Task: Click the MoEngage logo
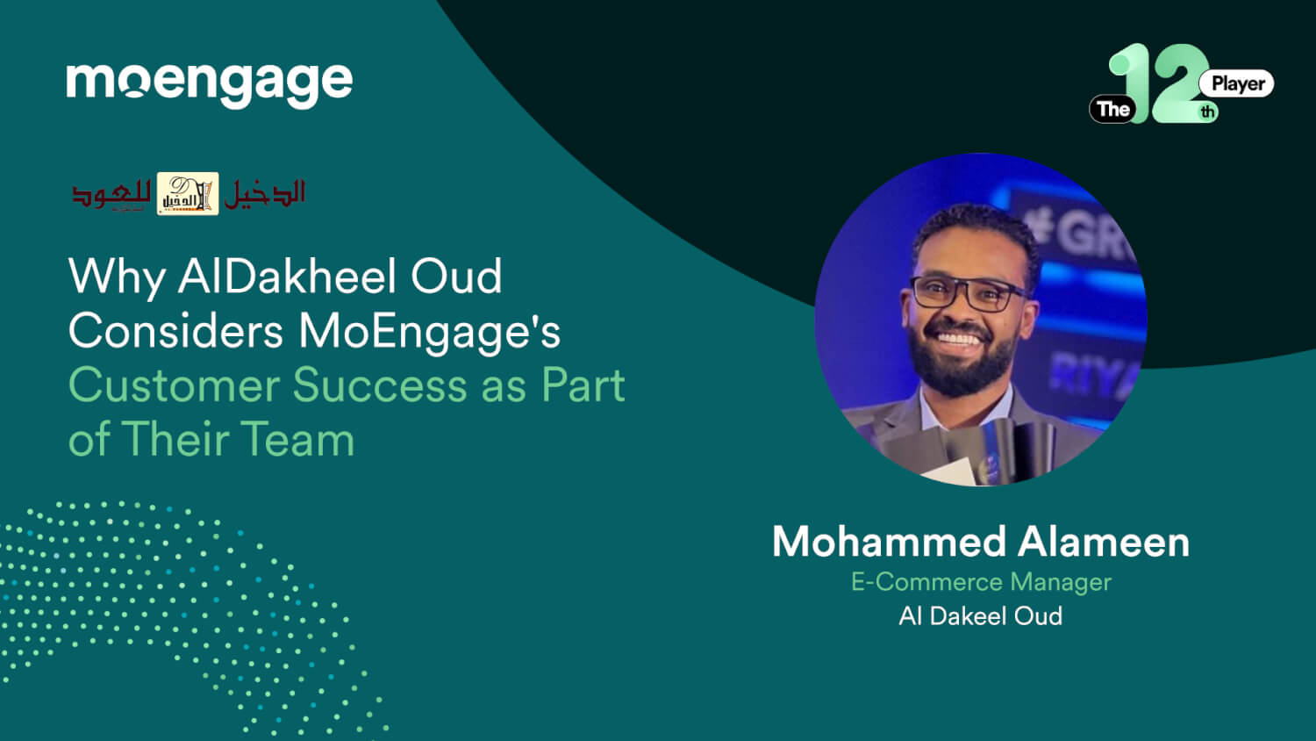pos(209,83)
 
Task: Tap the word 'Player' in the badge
pos(1237,83)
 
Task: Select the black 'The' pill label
pos(1112,109)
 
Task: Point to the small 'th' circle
pos(1208,112)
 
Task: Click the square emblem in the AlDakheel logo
pos(188,194)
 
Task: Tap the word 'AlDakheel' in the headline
pos(286,277)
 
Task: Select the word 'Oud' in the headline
pos(456,277)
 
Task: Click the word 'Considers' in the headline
pos(175,332)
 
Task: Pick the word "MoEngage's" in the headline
pos(429,332)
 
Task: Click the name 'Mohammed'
pos(888,542)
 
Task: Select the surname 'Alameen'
pos(1104,542)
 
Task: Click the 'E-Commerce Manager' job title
pos(981,582)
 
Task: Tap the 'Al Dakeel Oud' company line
pos(980,616)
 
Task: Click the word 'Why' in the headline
pos(116,277)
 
